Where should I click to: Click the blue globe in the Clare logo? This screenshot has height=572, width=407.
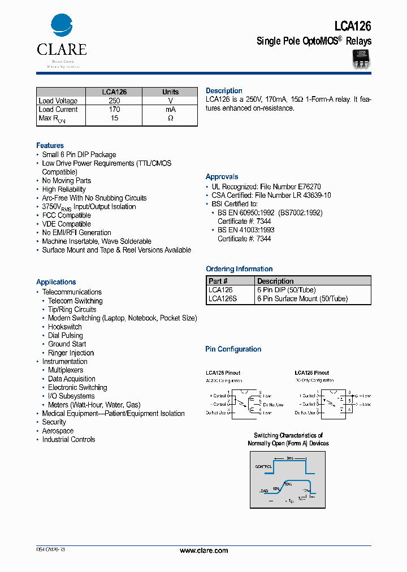62,26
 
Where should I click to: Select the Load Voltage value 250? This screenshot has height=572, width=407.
114,101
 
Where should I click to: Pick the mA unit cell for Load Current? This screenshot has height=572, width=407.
170,110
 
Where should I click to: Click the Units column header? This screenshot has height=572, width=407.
170,92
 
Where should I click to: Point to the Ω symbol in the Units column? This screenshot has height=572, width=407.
170,118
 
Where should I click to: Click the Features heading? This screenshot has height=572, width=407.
50,145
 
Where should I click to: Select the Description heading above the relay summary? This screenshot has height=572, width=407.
224,90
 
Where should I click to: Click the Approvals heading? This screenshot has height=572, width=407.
222,177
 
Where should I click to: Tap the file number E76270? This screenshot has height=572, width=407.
309,187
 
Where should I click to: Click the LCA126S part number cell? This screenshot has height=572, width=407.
222,298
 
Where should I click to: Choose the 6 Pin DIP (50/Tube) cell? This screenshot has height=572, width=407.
286,289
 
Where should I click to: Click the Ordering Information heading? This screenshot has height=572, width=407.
239,269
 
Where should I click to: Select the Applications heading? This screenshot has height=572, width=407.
56,282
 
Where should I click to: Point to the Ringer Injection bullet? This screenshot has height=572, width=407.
71,353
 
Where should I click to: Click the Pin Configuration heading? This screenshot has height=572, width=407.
233,349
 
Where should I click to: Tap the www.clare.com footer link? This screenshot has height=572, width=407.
203,551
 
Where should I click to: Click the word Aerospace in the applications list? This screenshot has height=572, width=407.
58,431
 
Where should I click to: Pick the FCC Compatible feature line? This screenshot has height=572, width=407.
66,215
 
